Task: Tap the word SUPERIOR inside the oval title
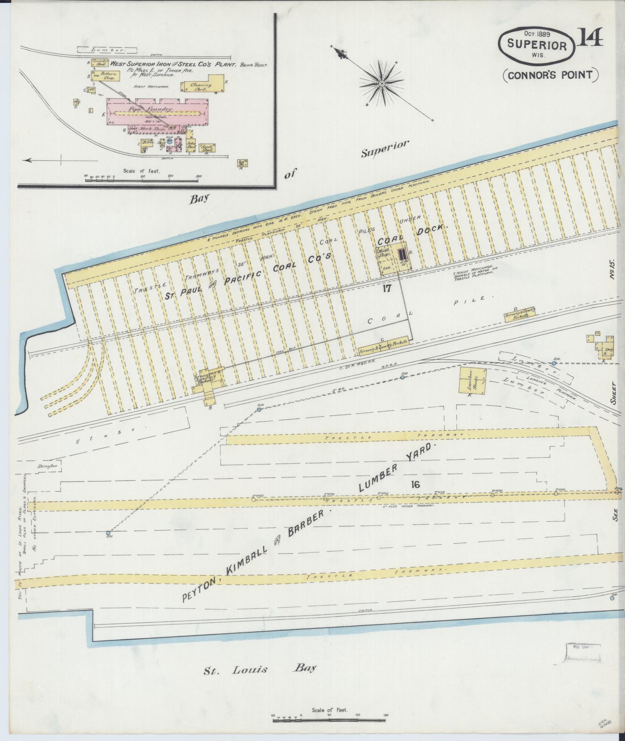click(x=536, y=45)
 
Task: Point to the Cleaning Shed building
click(x=203, y=86)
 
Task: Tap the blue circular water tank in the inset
click(x=169, y=141)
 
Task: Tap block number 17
click(x=387, y=288)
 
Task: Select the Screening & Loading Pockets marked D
click(x=520, y=316)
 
